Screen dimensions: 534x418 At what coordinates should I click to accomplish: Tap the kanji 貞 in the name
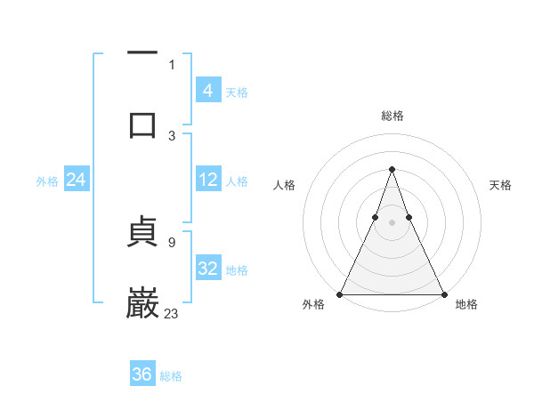coord(142,236)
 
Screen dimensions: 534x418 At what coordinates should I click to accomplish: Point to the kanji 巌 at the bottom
coord(142,302)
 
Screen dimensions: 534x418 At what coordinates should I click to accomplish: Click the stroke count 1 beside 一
coord(172,64)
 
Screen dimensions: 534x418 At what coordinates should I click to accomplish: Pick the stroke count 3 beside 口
coord(172,135)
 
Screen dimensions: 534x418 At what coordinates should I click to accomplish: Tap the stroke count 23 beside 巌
coord(172,313)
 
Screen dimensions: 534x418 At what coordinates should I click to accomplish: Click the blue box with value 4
coord(207,90)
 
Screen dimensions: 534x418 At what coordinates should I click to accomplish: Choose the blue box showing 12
coord(207,180)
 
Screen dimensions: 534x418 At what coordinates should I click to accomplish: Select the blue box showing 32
coord(207,269)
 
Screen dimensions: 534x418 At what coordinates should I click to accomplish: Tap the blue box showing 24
coord(76,180)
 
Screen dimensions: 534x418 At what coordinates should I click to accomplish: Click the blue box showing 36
coord(142,374)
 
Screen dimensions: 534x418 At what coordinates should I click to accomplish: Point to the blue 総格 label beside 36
coord(171,376)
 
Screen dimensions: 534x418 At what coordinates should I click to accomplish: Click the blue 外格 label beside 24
coord(47,181)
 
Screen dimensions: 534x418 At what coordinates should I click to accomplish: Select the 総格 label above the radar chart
coord(392,116)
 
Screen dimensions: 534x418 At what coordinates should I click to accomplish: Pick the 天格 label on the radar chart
coord(500,185)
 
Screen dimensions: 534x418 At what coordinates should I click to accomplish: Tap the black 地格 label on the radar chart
coord(466,305)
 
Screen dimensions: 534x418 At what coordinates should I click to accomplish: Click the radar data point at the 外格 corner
coord(340,293)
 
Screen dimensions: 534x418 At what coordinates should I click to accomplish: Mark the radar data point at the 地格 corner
coord(443,293)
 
